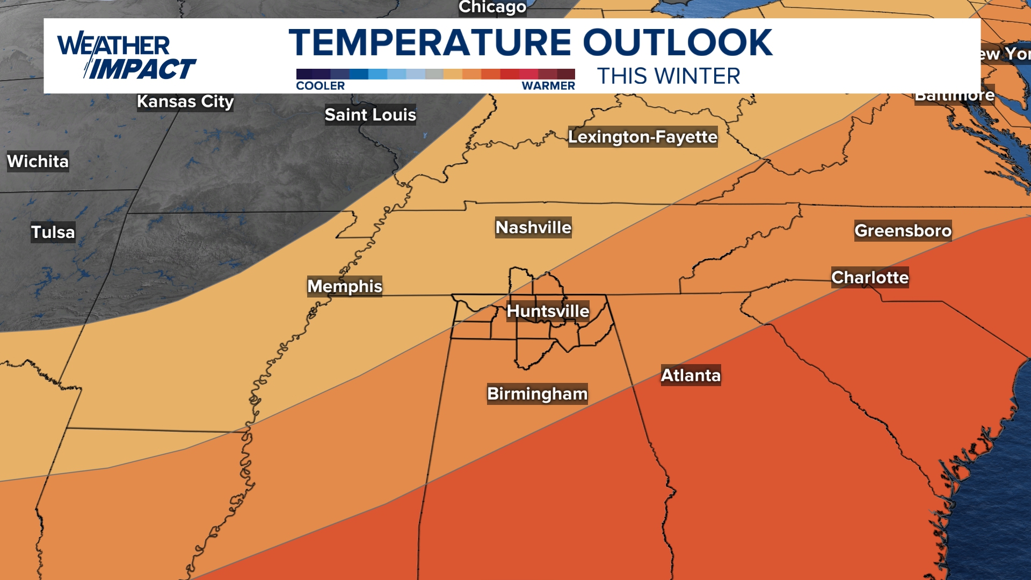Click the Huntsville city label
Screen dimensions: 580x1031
548,311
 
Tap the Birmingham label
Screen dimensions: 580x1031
537,394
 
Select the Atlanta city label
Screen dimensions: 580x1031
691,375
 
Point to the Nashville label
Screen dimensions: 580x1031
533,228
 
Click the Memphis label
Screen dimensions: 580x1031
345,286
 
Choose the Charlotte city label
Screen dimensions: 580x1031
870,278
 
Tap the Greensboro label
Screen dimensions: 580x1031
903,231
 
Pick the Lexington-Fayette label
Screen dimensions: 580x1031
643,137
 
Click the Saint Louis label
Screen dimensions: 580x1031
371,115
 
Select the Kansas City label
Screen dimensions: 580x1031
185,102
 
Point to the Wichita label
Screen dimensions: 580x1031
38,161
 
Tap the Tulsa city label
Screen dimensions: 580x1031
53,232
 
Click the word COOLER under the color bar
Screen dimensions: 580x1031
321,86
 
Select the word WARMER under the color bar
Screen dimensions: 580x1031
548,86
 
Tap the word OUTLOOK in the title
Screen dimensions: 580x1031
678,43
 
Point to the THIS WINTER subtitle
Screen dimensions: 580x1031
669,76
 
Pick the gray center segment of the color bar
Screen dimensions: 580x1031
434,74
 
